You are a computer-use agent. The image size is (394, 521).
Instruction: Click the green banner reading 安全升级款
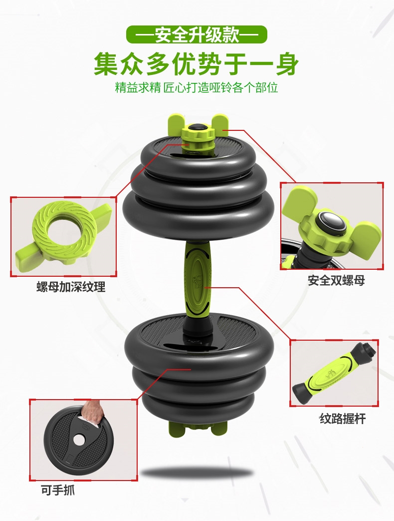[x=197, y=34]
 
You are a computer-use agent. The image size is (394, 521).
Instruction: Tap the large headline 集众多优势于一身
[x=197, y=64]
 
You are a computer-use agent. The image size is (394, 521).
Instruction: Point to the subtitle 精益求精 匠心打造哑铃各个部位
[x=197, y=88]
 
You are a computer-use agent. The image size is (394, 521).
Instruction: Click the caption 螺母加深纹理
[x=71, y=287]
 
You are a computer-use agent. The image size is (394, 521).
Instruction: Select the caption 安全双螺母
[x=336, y=280]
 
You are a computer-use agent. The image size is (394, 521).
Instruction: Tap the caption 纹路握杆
[x=343, y=419]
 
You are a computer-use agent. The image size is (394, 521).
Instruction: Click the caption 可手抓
[x=58, y=490]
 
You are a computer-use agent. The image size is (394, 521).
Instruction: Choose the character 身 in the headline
[x=287, y=64]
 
